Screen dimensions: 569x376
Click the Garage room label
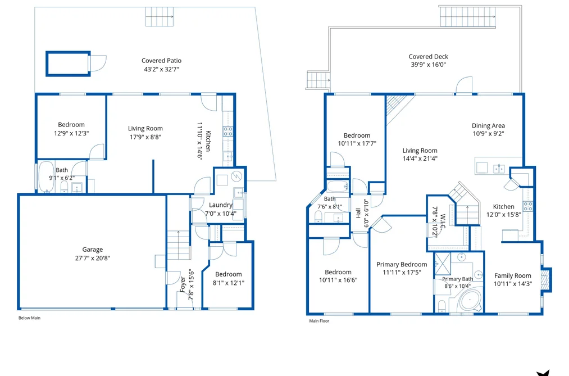tap(93, 250)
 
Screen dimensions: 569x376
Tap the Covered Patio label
tap(161, 61)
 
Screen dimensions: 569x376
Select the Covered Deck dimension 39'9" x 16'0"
tap(428, 65)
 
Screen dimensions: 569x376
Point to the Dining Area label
tap(488, 125)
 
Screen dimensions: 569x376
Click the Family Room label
tap(512, 276)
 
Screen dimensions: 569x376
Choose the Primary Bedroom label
tap(402, 265)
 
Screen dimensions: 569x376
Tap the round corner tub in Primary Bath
tap(470, 300)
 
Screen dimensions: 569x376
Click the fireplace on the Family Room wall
tap(546, 279)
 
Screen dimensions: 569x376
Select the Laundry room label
tap(220, 205)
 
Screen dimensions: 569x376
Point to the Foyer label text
tap(183, 284)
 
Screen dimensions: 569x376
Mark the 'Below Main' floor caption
tap(29, 318)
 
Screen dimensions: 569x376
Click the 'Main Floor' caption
tap(319, 321)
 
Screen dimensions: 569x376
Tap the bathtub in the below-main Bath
tap(46, 176)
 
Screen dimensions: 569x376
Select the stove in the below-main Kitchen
tap(228, 132)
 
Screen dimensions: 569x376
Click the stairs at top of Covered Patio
tap(160, 17)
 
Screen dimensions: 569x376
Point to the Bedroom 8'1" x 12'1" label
tap(228, 278)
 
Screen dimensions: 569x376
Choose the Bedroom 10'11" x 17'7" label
tap(357, 139)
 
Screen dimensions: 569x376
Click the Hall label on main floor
tap(358, 213)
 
